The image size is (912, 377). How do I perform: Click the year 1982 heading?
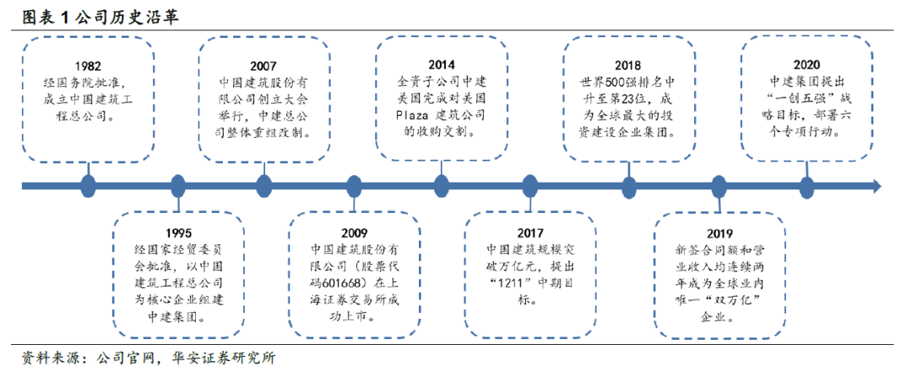(x=89, y=67)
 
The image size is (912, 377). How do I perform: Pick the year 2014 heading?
(x=440, y=64)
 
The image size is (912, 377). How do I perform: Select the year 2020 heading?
(x=806, y=64)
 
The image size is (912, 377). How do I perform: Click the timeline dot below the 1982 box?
(x=88, y=186)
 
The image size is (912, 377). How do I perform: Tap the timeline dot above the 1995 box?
(x=177, y=186)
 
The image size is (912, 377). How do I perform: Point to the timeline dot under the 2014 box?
(x=441, y=186)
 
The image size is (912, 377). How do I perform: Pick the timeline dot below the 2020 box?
(x=806, y=186)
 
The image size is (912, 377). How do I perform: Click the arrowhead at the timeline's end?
(x=876, y=186)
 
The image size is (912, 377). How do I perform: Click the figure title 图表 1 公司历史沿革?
(x=100, y=16)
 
